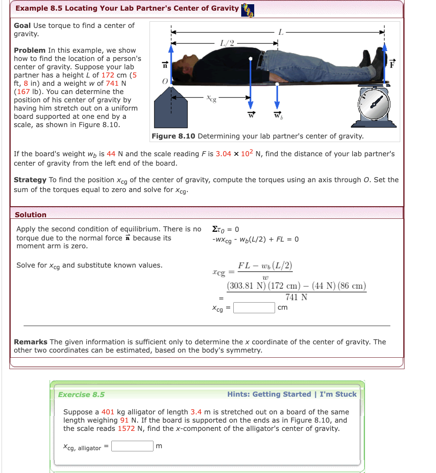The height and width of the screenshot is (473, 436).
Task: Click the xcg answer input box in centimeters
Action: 254,308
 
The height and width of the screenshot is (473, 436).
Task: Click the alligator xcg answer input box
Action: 132,446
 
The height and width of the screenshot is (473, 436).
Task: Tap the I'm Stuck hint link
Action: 338,394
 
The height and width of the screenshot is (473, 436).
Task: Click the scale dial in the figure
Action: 374,104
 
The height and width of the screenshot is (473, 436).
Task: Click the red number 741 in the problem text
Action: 112,83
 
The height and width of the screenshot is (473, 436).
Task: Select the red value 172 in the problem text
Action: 108,75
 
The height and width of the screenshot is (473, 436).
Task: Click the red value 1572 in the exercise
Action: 126,429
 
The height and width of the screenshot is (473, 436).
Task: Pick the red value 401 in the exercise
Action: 108,412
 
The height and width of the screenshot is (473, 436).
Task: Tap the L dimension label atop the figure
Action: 281,32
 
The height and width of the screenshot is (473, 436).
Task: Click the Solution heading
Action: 31,215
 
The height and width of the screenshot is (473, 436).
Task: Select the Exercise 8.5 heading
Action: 81,395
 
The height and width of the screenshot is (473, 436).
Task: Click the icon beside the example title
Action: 248,10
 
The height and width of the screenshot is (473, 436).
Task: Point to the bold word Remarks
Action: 31,342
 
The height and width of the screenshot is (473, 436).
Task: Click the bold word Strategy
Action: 30,180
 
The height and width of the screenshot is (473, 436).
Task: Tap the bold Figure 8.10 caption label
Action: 174,136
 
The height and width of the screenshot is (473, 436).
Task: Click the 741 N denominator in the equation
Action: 296,297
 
